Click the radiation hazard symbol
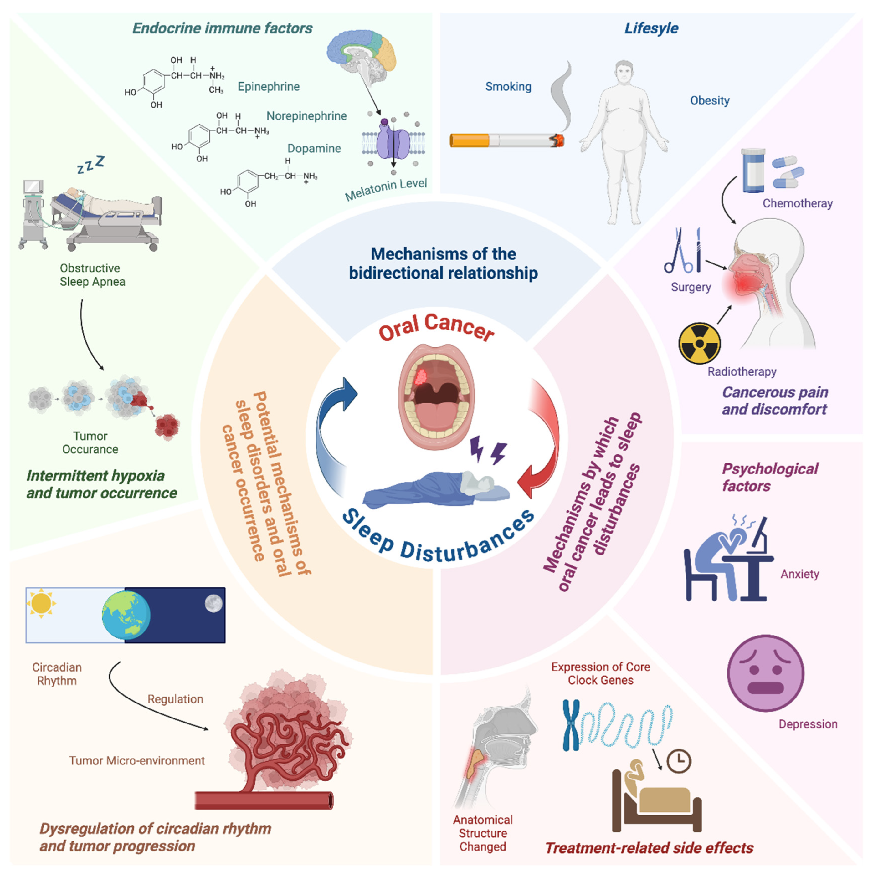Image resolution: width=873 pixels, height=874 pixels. [x=699, y=343]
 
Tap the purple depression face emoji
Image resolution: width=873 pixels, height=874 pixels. [x=765, y=673]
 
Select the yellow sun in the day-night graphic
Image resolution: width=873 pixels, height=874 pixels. [x=41, y=603]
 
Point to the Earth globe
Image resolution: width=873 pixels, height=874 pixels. [x=126, y=615]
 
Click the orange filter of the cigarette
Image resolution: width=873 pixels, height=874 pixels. [x=469, y=140]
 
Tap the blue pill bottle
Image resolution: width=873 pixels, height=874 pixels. [x=752, y=170]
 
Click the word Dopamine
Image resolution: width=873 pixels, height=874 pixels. [x=314, y=148]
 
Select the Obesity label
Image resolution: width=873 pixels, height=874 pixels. [x=710, y=100]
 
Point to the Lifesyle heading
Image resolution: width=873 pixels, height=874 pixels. [x=651, y=28]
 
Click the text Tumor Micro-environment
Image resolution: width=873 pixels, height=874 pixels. [x=137, y=760]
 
